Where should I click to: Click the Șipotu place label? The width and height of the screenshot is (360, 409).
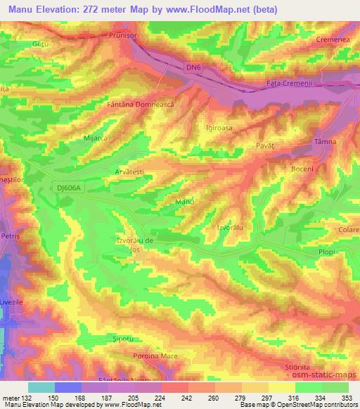(x=103, y=337)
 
